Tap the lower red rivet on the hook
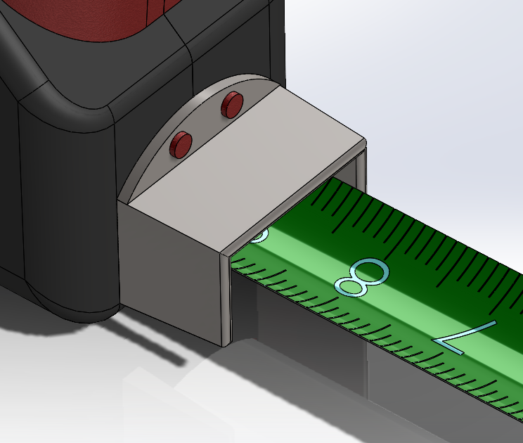[181, 145]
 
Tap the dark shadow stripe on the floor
[158, 345]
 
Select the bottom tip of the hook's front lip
[226, 342]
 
